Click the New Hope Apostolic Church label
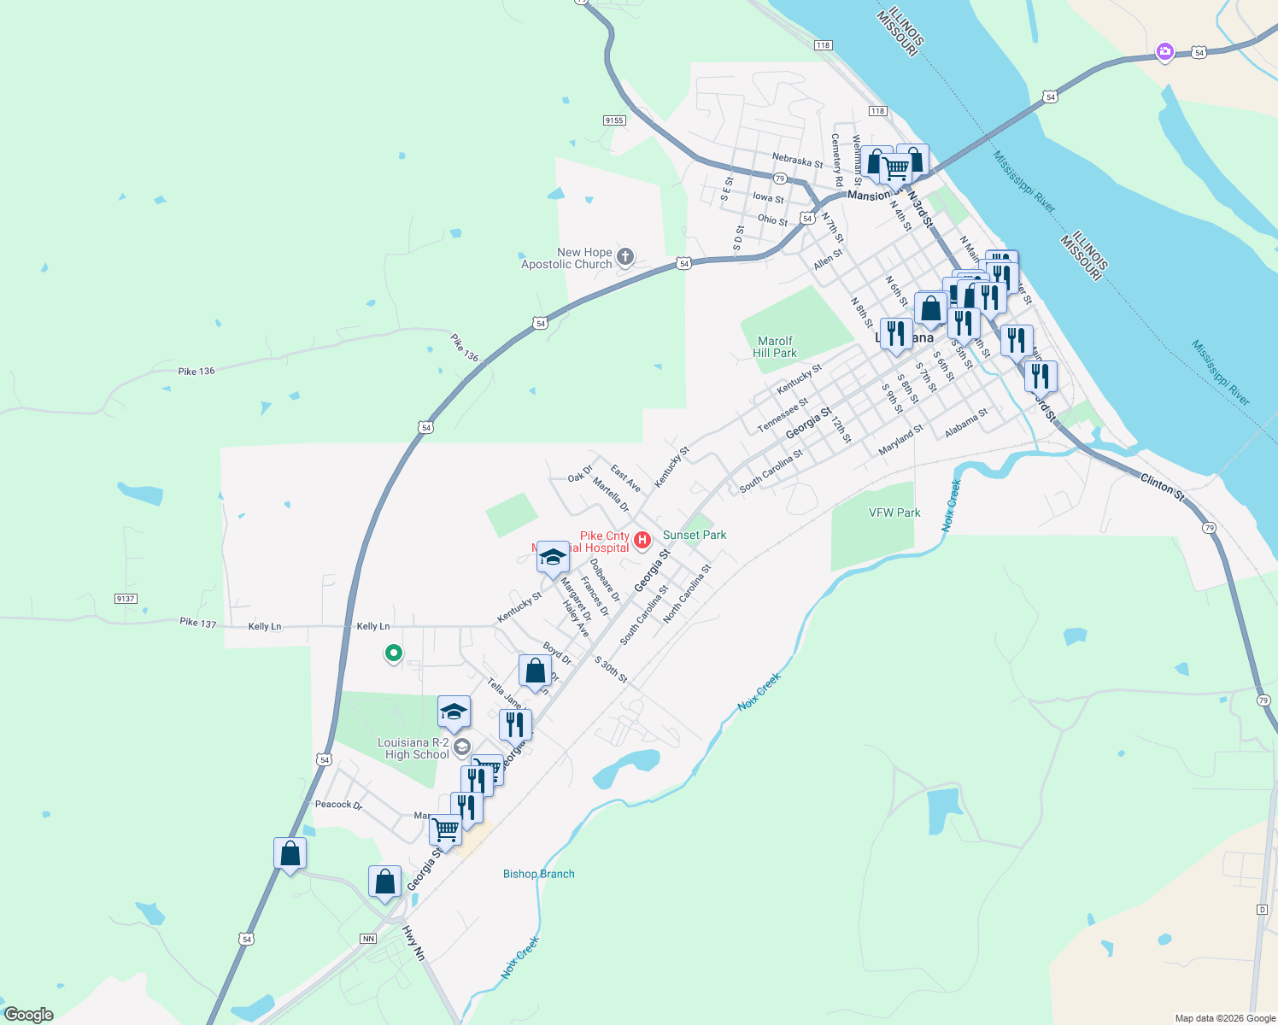[568, 258]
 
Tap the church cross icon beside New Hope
[625, 256]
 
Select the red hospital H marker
[642, 540]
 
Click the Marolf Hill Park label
[775, 347]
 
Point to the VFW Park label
[894, 512]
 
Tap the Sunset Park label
[695, 535]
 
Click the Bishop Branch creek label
[538, 874]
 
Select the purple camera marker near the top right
[1164, 52]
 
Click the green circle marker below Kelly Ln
[394, 653]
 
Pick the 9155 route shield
[614, 120]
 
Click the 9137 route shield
[126, 599]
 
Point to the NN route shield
[368, 938]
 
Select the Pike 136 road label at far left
[196, 372]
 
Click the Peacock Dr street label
[338, 805]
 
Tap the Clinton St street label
[1163, 488]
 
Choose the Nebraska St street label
[797, 161]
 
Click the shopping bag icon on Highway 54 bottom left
[290, 853]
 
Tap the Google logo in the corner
[28, 1015]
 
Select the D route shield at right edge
[1262, 910]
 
